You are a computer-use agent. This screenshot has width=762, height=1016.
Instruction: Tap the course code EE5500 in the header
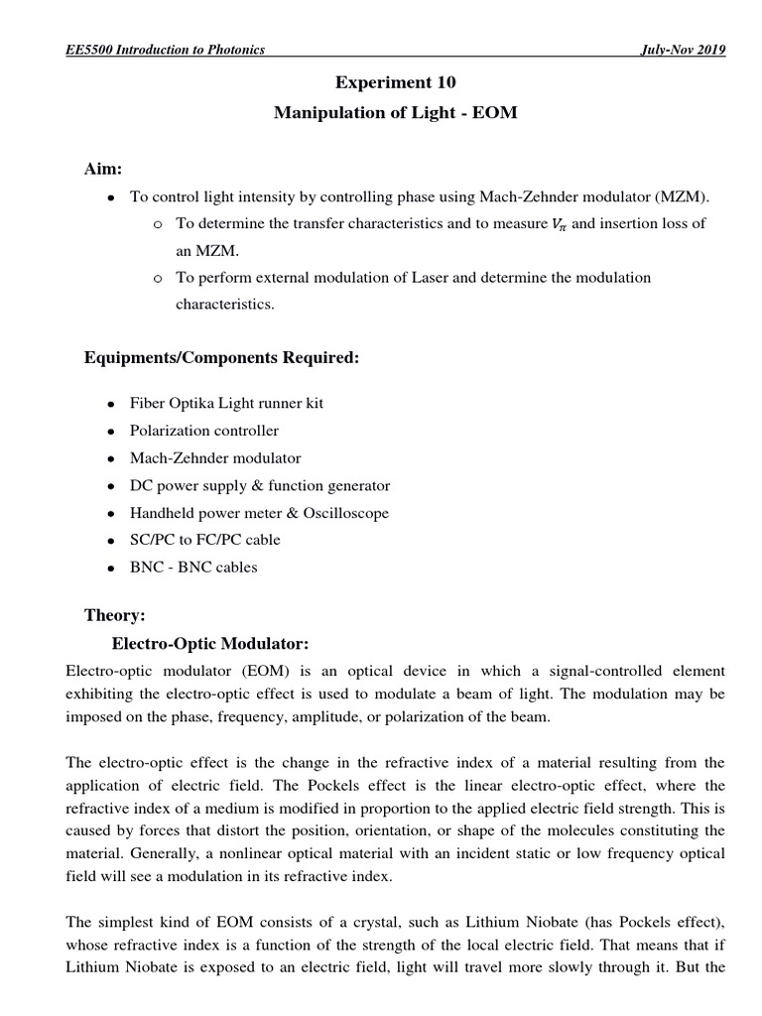89,51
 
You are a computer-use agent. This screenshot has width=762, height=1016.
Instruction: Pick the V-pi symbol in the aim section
558,225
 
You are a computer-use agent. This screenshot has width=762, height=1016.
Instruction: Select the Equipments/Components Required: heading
221,357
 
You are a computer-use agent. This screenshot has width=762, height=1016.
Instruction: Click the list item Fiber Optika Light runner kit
226,404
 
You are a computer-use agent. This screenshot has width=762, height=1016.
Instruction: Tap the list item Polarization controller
204,431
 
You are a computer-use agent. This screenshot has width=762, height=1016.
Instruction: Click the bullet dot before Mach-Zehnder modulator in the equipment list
110,459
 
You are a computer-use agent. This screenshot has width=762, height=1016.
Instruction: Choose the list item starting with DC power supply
260,485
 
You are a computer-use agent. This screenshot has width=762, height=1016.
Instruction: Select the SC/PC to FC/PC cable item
205,540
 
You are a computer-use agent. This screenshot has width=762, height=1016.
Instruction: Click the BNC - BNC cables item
193,568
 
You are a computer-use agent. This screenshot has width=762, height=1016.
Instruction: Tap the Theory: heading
114,616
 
